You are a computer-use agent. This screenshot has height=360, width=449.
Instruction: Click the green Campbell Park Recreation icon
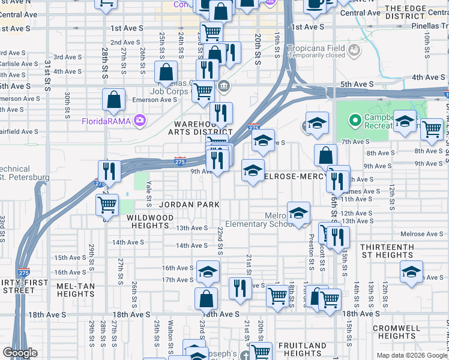coord(354,122)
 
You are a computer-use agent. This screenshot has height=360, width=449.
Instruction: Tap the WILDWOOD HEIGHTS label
coord(152,221)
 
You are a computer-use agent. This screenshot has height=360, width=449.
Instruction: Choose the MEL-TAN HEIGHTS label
coord(76,290)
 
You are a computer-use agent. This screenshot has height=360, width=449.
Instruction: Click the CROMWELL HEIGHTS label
coord(396,332)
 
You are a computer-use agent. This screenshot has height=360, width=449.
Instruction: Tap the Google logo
coord(20,353)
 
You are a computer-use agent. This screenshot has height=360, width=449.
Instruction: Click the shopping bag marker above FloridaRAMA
coord(113,100)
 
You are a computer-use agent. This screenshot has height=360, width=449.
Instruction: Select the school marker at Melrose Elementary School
coord(298,213)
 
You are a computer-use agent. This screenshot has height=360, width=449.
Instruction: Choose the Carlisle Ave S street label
coord(16,63)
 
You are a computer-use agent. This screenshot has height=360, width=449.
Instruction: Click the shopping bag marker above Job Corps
coord(166,73)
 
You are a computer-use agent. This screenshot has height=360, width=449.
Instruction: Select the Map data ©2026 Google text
coord(411,355)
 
